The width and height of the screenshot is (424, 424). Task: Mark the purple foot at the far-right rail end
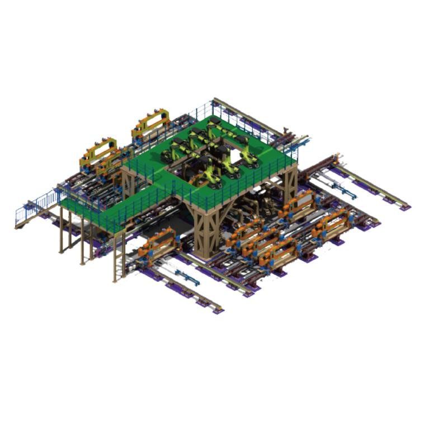(x=404, y=208)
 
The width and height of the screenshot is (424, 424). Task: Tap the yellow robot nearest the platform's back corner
(x=214, y=125)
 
